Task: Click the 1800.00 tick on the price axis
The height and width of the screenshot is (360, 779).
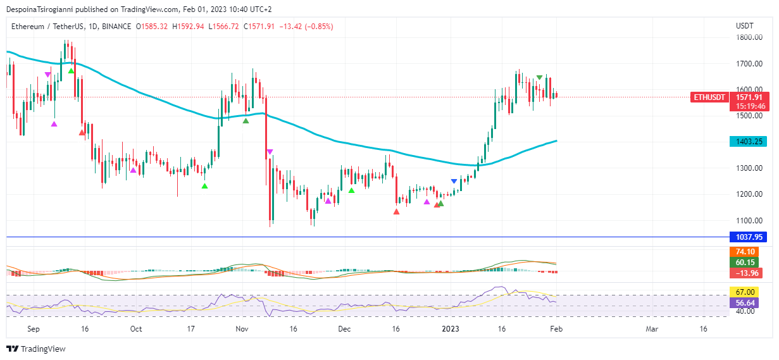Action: click(x=749, y=37)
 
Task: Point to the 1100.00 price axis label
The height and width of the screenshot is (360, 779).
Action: click(x=749, y=221)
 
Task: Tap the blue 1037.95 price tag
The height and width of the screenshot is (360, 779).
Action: click(x=747, y=237)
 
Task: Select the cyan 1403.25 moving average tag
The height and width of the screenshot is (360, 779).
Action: click(x=747, y=142)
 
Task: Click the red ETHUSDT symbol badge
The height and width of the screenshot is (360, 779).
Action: click(x=709, y=97)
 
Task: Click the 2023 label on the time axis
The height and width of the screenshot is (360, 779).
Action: click(x=450, y=329)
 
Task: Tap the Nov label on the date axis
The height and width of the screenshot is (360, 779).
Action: click(x=241, y=329)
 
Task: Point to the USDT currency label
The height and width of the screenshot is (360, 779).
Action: click(x=744, y=26)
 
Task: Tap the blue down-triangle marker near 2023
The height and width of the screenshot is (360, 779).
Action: click(x=454, y=182)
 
